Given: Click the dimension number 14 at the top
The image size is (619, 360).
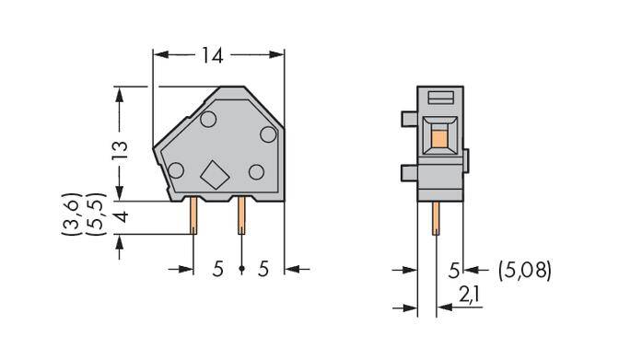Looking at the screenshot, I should [212, 55].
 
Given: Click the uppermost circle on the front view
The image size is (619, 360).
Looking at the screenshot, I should [208, 118].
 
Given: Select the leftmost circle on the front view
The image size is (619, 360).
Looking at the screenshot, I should [173, 168].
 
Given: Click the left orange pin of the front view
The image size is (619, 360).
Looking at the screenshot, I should [194, 216].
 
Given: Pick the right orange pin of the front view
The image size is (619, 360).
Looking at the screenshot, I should [240, 215].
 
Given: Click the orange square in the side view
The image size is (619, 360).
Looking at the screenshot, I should [438, 138].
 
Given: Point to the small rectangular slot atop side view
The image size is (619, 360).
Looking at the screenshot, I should [440, 97].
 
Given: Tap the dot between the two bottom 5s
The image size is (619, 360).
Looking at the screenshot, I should [240, 269].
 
